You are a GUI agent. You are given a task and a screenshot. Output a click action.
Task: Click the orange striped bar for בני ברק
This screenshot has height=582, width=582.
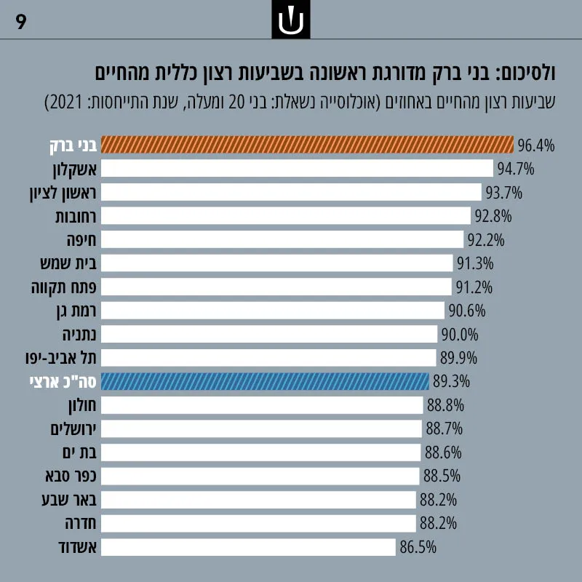[x=307, y=145]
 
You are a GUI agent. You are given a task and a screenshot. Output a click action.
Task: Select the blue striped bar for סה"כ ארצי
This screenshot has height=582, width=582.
[x=265, y=381]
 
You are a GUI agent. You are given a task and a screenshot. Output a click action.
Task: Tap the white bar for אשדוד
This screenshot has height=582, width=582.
[x=248, y=547]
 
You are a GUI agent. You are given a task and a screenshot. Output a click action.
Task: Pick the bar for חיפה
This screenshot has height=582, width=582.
[x=282, y=239]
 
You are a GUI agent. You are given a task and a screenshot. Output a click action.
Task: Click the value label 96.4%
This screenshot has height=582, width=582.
[x=536, y=145]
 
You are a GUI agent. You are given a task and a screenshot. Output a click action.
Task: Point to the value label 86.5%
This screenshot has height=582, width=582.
[x=418, y=548]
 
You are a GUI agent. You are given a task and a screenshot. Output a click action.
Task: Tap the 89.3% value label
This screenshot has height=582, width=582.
[x=451, y=382]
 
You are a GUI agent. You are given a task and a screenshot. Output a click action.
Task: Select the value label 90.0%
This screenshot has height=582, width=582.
[x=460, y=335]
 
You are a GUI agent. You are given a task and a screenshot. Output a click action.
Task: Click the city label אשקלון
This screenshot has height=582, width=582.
[x=75, y=170]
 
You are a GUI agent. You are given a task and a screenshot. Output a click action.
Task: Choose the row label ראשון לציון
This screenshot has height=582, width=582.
[x=63, y=193]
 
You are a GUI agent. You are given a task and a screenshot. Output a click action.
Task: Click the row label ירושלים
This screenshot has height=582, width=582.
[x=73, y=429]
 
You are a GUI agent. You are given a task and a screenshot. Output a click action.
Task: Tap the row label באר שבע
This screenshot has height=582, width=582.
[x=69, y=500]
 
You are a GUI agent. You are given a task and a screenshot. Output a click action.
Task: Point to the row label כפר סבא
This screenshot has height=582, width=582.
[x=71, y=477]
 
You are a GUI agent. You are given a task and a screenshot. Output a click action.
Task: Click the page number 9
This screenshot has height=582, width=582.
[x=21, y=22]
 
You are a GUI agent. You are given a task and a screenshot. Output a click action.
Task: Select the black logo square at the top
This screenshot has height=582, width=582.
[x=291, y=20]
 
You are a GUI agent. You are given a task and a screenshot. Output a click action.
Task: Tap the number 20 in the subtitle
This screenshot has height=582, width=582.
[x=236, y=103]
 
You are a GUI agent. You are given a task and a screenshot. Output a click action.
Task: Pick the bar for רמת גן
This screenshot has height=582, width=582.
[x=273, y=311]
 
